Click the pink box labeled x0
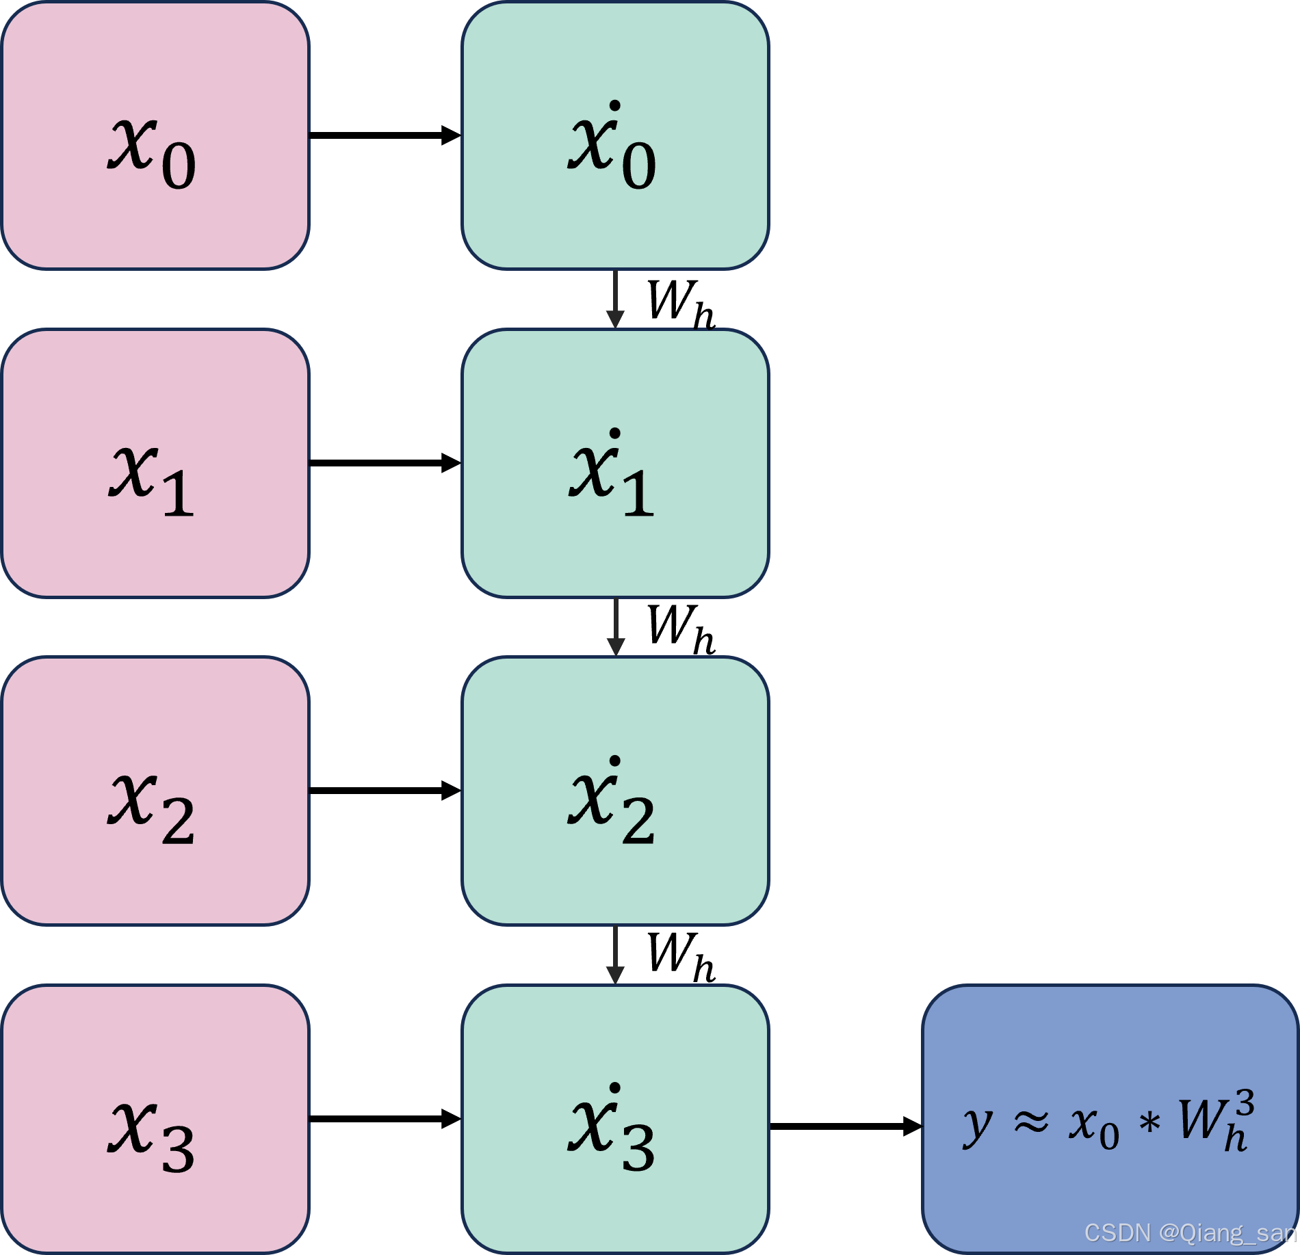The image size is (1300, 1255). [155, 135]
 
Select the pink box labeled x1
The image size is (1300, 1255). [155, 463]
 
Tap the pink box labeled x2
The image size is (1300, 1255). [155, 791]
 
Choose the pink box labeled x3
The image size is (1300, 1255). [155, 1118]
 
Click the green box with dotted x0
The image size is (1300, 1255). [615, 135]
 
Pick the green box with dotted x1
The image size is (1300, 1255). [615, 463]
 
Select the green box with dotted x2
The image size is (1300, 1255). [615, 791]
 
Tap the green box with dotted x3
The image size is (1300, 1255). [615, 1118]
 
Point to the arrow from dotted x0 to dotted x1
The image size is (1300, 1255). [615, 299]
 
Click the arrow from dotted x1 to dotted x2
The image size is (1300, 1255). [615, 626]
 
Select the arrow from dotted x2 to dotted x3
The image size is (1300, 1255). [615, 954]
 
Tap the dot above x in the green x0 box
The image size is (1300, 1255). [614, 106]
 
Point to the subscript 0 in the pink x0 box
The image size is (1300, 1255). [179, 166]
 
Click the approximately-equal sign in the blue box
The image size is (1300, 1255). [1031, 1122]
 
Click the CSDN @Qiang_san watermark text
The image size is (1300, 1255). [1190, 1232]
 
